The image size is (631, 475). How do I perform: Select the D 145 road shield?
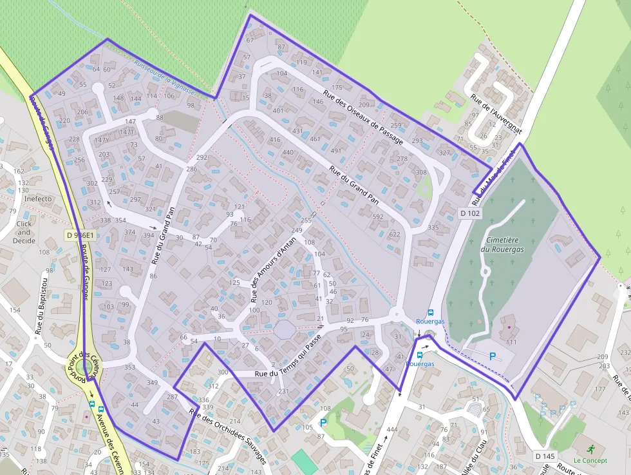tap(545, 456)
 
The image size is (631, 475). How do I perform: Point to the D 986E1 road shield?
tap(80, 236)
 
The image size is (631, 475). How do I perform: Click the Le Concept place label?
tap(590, 460)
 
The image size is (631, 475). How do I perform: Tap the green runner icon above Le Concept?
tap(591, 449)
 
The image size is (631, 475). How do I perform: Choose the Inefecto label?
tap(38, 199)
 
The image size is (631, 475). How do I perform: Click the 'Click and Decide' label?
tap(24, 232)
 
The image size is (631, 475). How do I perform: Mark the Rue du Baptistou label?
tap(42, 304)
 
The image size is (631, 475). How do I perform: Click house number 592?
tap(378, 217)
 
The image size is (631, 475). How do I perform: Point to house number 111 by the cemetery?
tap(511, 342)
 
